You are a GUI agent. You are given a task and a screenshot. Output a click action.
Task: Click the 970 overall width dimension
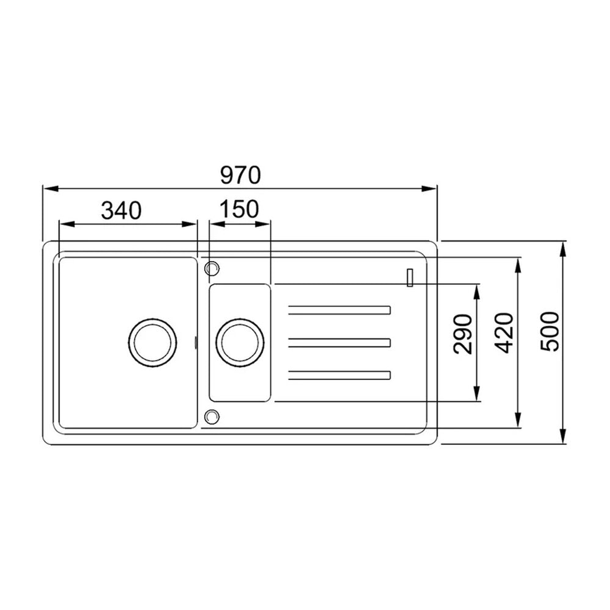pos(240,176)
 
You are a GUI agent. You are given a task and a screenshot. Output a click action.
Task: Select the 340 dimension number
pos(121,210)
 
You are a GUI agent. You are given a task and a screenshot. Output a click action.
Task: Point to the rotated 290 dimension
pos(463,334)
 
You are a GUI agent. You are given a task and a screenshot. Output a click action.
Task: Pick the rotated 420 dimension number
pos(505,333)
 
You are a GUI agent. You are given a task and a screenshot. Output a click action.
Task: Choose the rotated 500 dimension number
pos(550,332)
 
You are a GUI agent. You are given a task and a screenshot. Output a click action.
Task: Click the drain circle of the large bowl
pos(152,343)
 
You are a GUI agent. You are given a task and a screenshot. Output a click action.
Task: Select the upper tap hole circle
pos(212,268)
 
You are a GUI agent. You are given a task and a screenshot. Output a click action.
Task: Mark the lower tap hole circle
pos(212,417)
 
